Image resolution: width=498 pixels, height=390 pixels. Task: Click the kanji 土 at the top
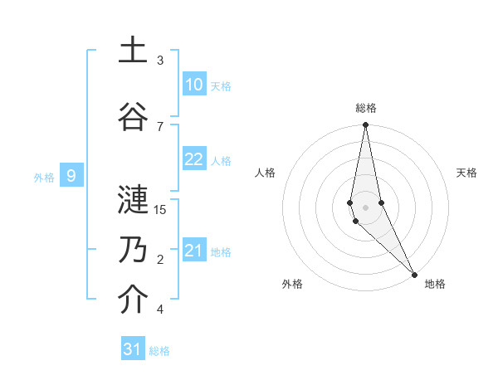[133, 51]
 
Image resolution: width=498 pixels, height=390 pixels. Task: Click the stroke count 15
[160, 209]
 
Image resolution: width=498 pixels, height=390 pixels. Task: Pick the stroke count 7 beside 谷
[160, 126]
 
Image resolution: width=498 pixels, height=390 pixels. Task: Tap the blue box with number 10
[194, 85]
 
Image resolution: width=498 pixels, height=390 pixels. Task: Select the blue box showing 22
[194, 159]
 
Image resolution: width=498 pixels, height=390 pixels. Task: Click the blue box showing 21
[194, 251]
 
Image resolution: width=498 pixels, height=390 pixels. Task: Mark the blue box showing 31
[133, 349]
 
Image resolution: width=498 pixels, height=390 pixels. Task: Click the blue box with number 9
[71, 175]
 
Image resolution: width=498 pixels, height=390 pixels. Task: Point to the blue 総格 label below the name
[159, 351]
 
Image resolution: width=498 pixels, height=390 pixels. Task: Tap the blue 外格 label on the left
[43, 177]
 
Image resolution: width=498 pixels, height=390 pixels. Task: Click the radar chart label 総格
[366, 108]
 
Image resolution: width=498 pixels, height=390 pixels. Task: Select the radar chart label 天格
[466, 173]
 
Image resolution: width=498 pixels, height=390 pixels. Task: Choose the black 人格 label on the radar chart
[265, 173]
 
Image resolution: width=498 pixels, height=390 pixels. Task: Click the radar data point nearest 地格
[414, 275]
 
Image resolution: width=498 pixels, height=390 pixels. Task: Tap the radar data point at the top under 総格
[365, 125]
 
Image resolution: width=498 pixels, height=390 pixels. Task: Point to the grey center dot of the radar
[365, 207]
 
